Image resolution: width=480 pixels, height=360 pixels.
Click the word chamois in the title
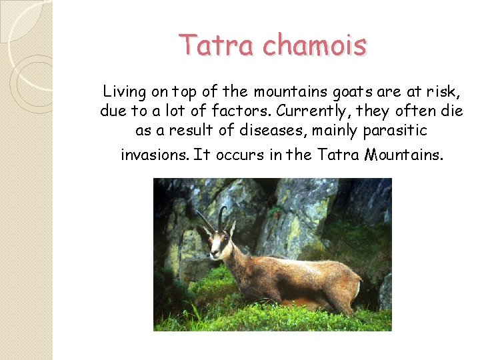tap(315, 45)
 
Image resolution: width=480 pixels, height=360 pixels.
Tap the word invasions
tap(154, 155)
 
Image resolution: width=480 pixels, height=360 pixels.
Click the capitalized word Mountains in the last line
tap(403, 155)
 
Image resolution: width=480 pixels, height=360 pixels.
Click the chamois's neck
tap(239, 257)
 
